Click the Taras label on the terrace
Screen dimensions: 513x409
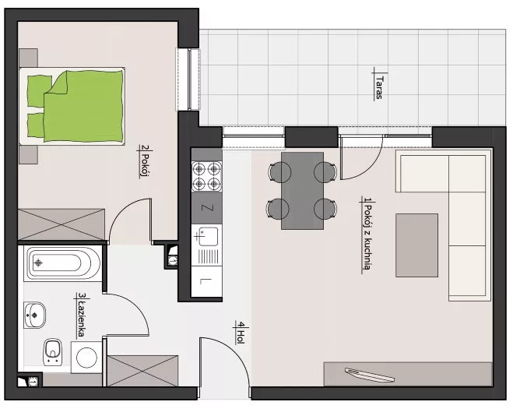tap(380, 86)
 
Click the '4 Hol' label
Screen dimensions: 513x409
tap(241, 333)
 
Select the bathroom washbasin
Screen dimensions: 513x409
tap(34, 315)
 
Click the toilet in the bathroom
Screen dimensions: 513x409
tap(53, 352)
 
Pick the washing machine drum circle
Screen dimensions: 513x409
tap(86, 358)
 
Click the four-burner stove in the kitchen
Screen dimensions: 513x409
tap(206, 176)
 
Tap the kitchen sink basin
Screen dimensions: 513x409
tap(207, 236)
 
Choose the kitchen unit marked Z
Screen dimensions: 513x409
tap(206, 208)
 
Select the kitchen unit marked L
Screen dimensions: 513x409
tap(206, 281)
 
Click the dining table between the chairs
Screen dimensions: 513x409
tap(302, 190)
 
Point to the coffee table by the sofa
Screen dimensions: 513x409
tap(416, 245)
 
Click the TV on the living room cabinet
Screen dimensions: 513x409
tap(370, 375)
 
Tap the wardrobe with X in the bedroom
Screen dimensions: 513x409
tap(61, 225)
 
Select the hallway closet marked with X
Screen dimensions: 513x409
tap(142, 371)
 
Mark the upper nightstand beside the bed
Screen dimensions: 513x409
tap(29, 58)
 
